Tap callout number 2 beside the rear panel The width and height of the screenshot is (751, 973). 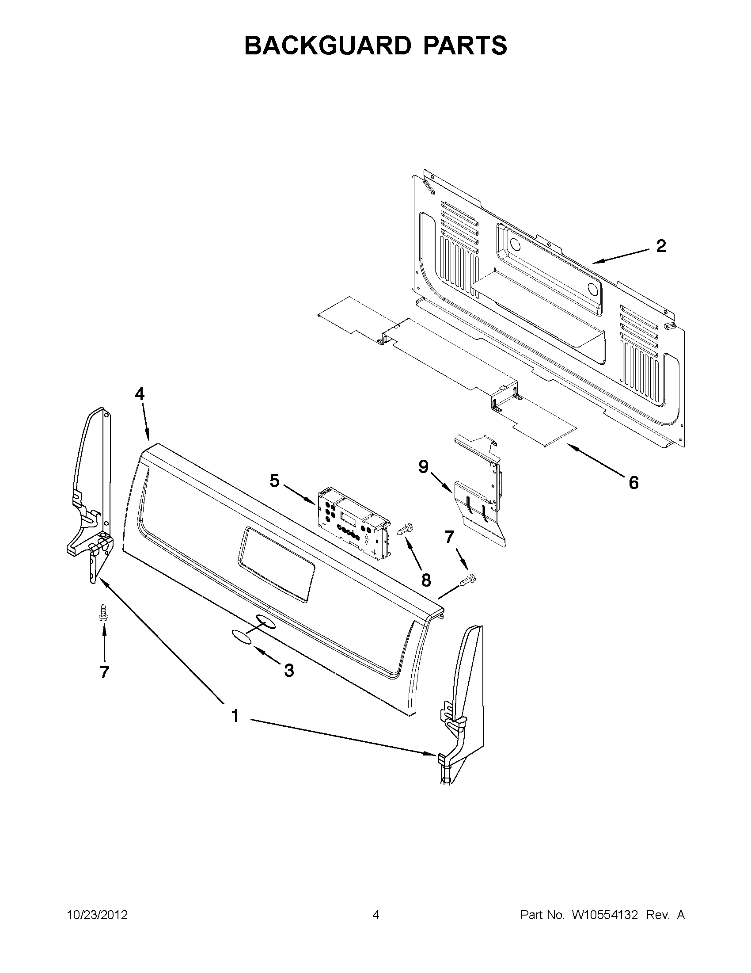coord(661,246)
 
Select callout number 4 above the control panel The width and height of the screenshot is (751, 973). coord(140,394)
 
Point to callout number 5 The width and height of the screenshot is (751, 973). coord(275,481)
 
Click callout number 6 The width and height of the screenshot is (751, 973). coord(633,482)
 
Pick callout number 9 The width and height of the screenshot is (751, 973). coord(423,466)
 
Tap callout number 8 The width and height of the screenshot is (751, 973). coord(426,580)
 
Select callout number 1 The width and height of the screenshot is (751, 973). coord(235,716)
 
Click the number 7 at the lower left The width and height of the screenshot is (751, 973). coord(104,672)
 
